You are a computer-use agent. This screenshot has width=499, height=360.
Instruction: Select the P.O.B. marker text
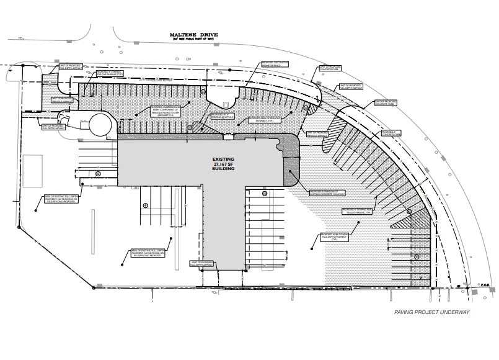[x=485, y=285]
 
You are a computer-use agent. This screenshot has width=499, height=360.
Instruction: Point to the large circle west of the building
[x=100, y=124]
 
